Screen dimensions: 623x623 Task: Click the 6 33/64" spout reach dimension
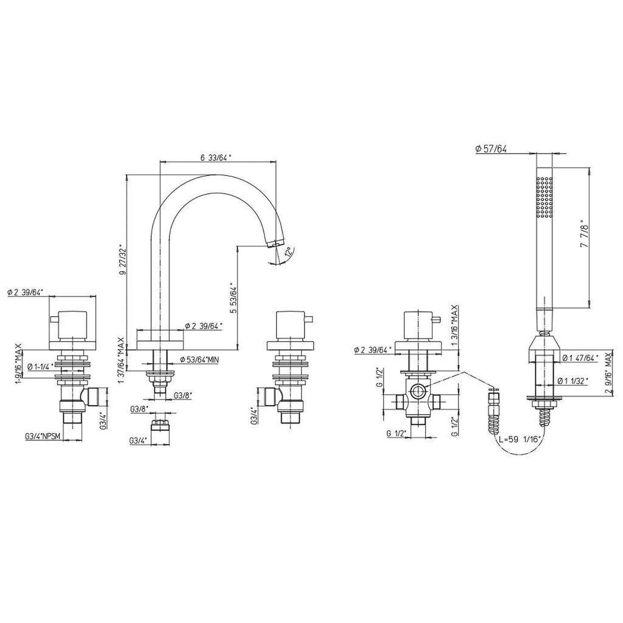point(216,157)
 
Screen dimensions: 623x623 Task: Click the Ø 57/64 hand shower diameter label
point(491,149)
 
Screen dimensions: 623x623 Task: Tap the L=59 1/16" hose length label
point(520,439)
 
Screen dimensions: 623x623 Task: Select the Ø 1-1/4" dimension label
point(41,367)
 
